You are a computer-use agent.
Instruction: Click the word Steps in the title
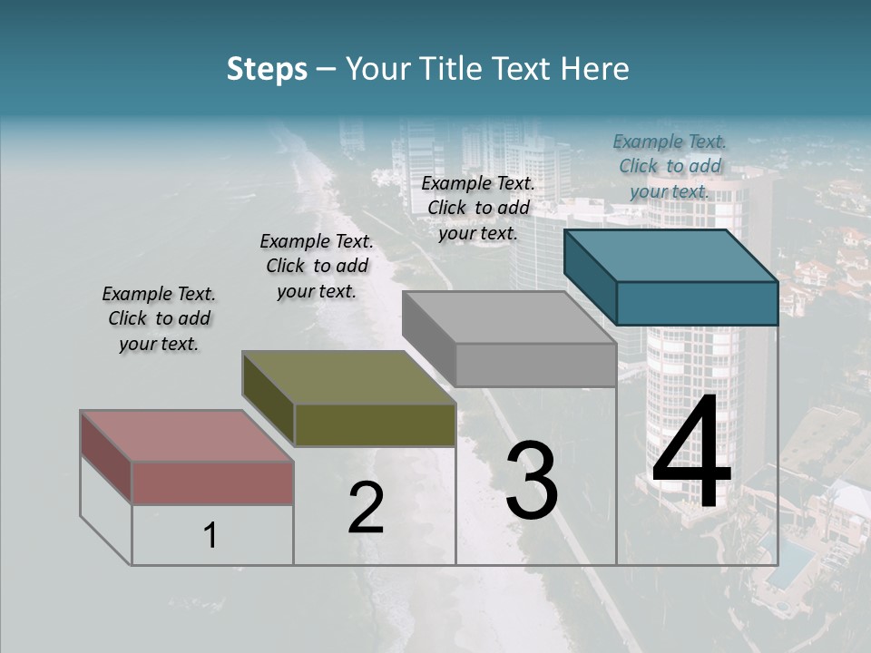pos(267,69)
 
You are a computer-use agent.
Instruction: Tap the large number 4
pos(691,453)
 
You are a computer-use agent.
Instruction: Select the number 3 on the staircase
pos(531,481)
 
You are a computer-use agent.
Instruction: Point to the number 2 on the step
pos(366,508)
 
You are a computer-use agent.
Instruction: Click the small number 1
pos(210,536)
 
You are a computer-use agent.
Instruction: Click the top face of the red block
pos(186,435)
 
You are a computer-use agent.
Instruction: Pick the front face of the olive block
pos(375,424)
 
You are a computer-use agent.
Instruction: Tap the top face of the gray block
pos(508,317)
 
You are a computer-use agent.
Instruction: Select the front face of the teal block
pos(697,303)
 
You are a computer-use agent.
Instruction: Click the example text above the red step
pos(159,318)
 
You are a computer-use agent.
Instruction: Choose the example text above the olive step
pos(317,266)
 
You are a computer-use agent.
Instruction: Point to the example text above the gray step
pos(478,208)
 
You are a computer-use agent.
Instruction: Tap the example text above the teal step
pos(670,166)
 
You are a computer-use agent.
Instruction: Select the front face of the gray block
pos(535,365)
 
